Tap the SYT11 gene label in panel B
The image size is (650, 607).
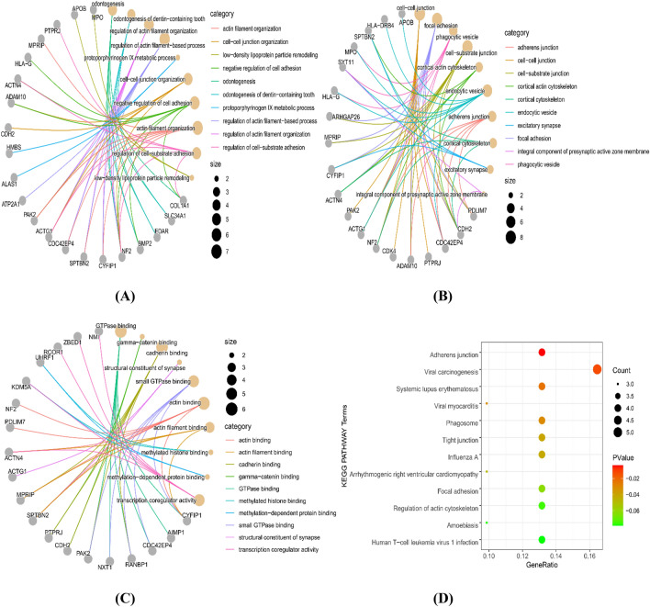pos(345,62)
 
